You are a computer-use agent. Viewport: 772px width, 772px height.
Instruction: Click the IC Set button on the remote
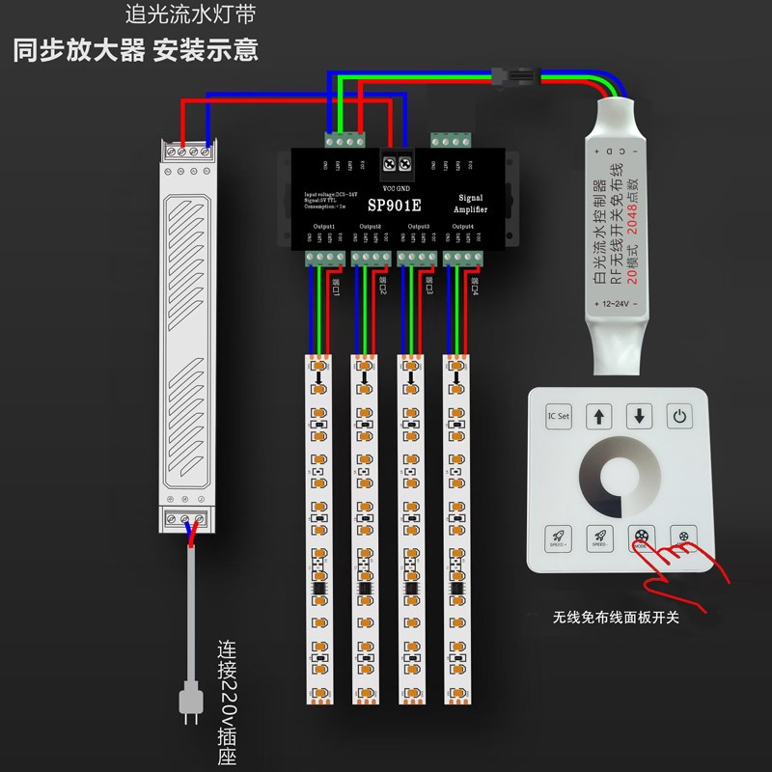(559, 418)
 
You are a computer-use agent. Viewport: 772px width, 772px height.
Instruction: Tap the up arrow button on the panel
(600, 418)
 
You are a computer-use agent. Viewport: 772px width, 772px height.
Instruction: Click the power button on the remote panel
(681, 418)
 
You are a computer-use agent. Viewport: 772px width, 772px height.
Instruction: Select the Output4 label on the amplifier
(463, 226)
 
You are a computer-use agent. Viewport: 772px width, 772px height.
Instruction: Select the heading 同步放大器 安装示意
(136, 49)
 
